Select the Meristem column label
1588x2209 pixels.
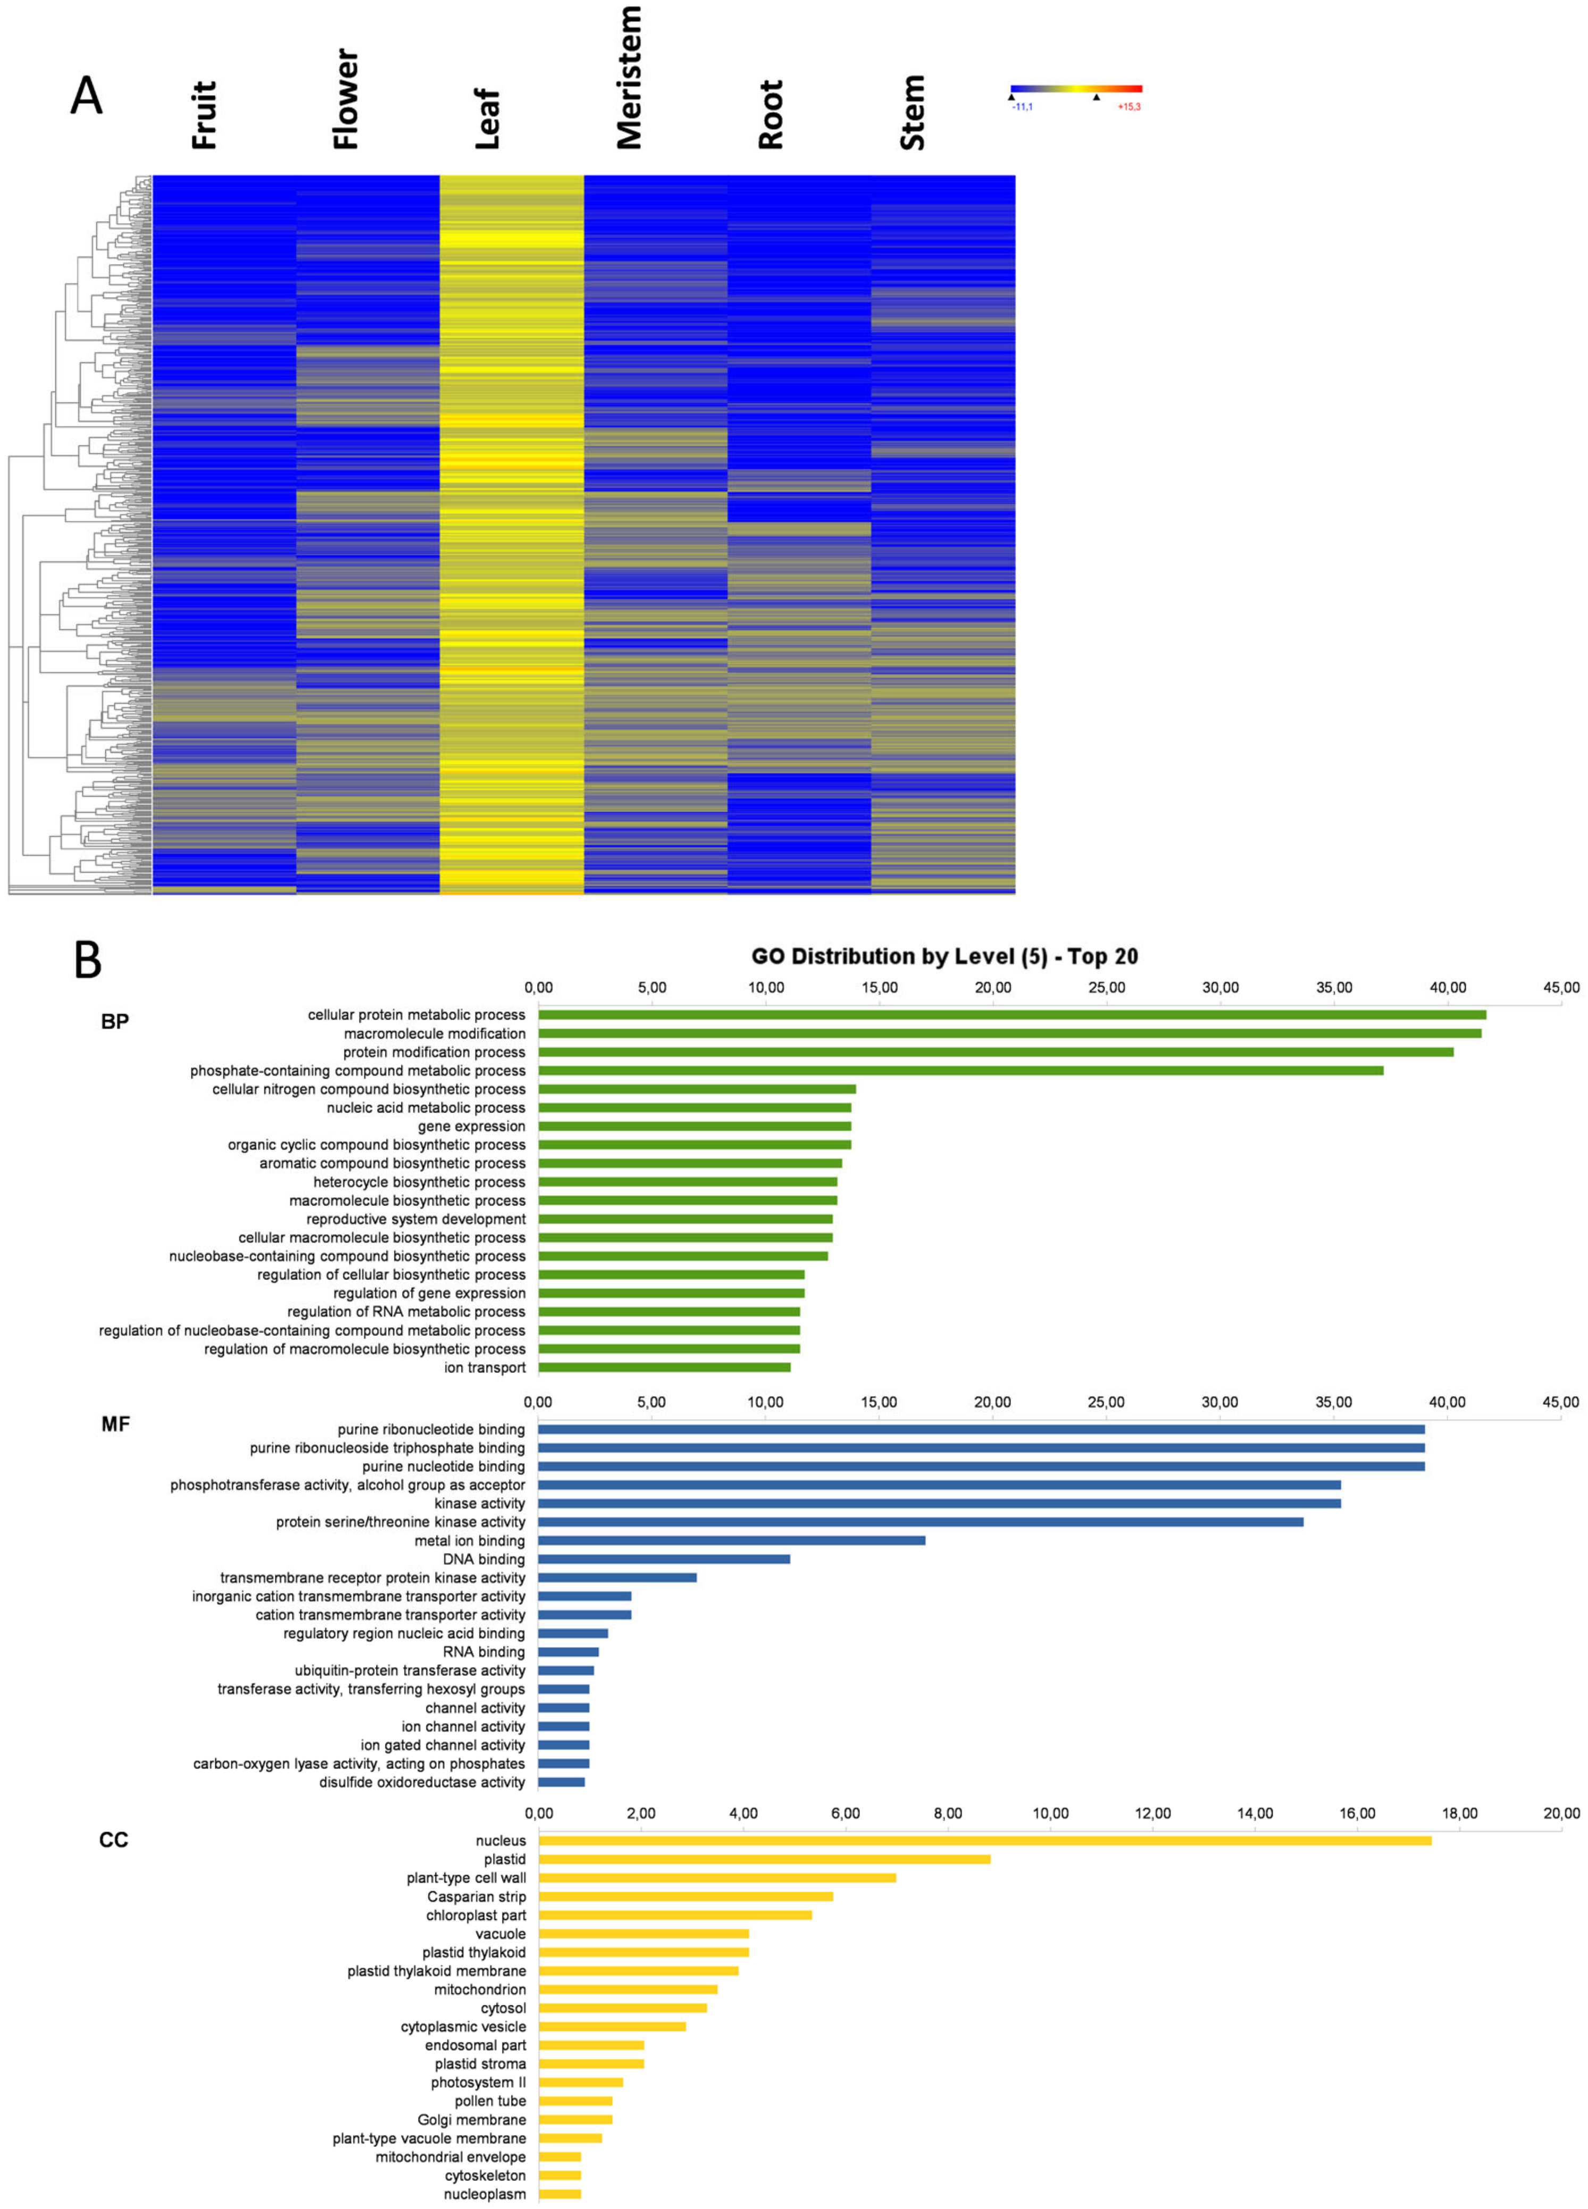629,78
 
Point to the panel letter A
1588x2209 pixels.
87,97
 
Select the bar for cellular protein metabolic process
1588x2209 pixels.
1012,1015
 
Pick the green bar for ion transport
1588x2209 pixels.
664,1368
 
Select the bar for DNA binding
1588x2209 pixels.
664,1559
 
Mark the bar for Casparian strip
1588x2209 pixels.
685,1896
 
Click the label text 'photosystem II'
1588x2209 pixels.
478,2082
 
